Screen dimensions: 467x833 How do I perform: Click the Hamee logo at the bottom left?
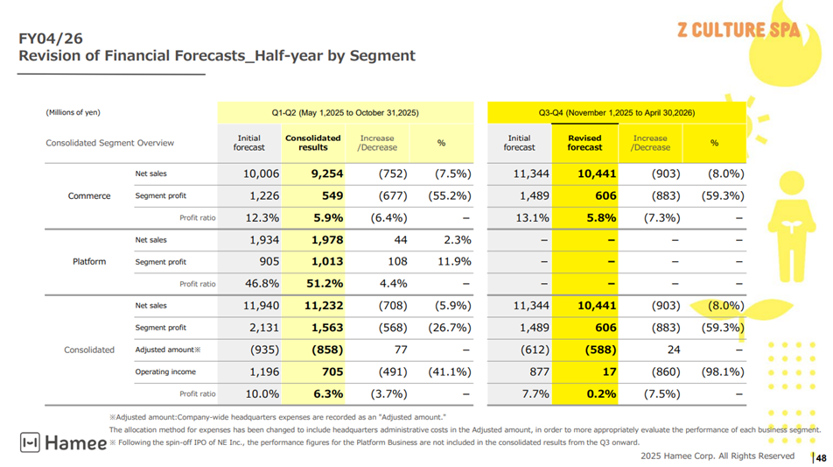click(63, 443)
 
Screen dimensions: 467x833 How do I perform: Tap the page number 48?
click(821, 457)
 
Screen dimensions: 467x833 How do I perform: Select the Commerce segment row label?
click(89, 195)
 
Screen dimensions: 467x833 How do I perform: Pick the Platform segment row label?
click(89, 261)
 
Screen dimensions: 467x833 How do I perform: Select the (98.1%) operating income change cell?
click(718, 371)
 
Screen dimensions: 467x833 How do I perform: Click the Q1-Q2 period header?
click(345, 112)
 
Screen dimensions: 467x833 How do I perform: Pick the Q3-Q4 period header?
click(617, 112)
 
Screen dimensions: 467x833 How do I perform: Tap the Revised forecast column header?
click(584, 142)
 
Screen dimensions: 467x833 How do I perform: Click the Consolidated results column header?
click(312, 142)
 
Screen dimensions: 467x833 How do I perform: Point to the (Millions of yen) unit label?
click(73, 112)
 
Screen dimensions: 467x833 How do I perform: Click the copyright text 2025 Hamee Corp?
click(717, 456)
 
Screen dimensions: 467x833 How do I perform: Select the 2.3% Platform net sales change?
click(457, 239)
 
